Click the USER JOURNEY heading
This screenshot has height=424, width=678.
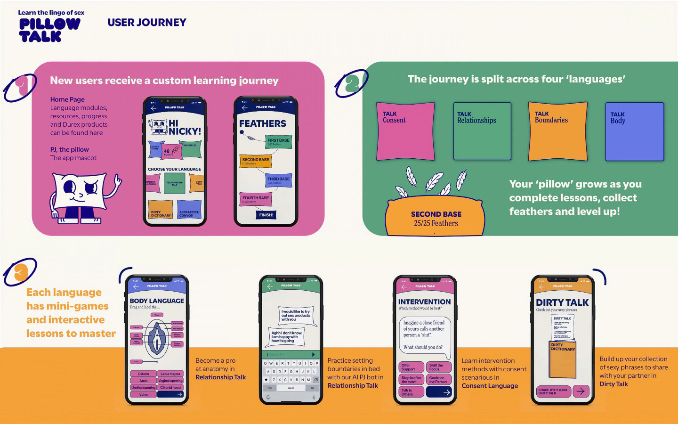pos(147,22)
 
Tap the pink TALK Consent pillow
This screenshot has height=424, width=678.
pos(405,131)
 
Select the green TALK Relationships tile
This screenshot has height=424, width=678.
pos(482,131)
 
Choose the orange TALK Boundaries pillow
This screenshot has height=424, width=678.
pos(557,131)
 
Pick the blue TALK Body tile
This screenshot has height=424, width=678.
pos(634,131)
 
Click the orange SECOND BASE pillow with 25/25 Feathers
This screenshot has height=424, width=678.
pos(436,218)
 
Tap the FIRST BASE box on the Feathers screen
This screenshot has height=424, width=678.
pos(278,141)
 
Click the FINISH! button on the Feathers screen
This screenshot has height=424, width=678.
pos(266,215)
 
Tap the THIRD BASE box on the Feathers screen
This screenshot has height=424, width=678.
pos(278,180)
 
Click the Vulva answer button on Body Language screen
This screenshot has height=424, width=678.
pos(143,394)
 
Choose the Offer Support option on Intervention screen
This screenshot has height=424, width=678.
pos(411,367)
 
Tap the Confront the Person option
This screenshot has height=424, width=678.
pos(438,379)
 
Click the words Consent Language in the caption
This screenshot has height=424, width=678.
pos(489,386)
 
